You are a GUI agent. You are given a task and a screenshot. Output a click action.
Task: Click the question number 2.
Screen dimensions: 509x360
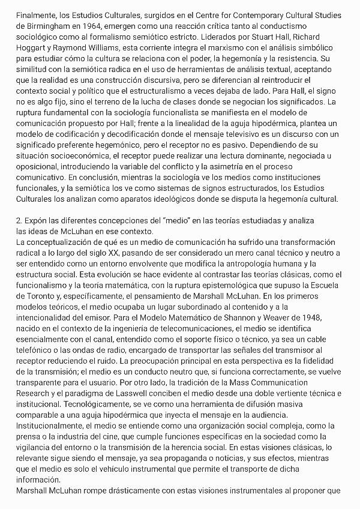point(19,220)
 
